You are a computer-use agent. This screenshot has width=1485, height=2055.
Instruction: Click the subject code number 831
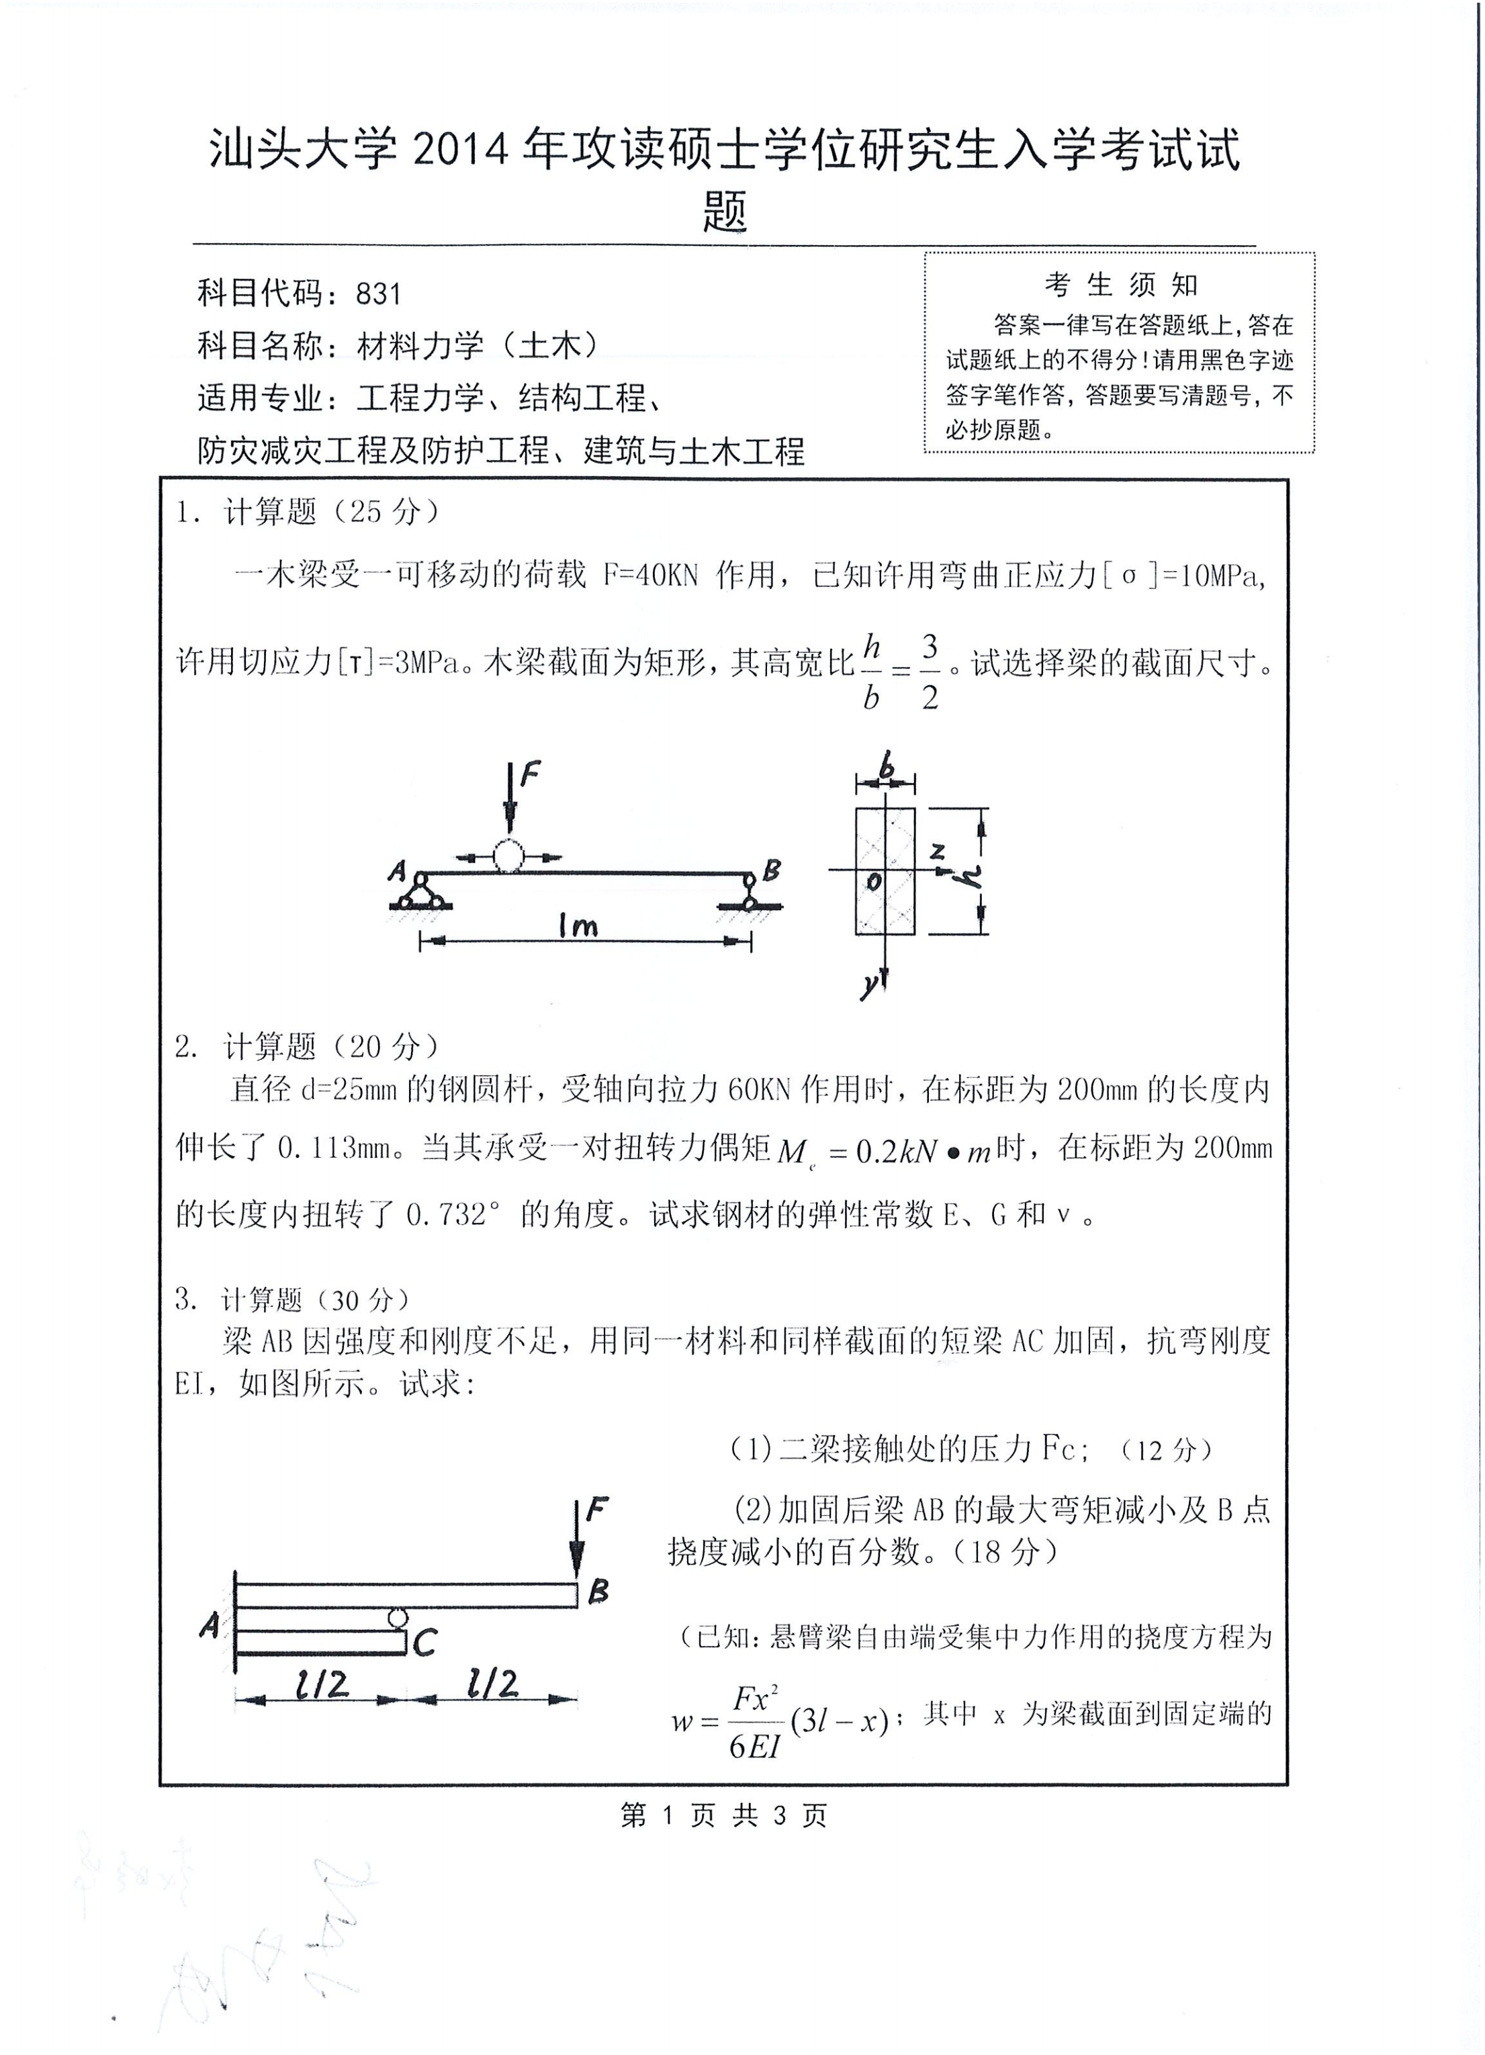pyautogui.click(x=378, y=293)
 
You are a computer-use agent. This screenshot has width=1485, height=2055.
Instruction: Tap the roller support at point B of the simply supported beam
pyautogui.click(x=750, y=893)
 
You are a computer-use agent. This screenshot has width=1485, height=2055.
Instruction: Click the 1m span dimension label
pyautogui.click(x=578, y=925)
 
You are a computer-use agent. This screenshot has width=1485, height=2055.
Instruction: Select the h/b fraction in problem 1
pyautogui.click(x=872, y=672)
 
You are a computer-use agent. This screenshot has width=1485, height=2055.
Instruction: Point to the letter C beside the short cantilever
pyautogui.click(x=425, y=1642)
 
